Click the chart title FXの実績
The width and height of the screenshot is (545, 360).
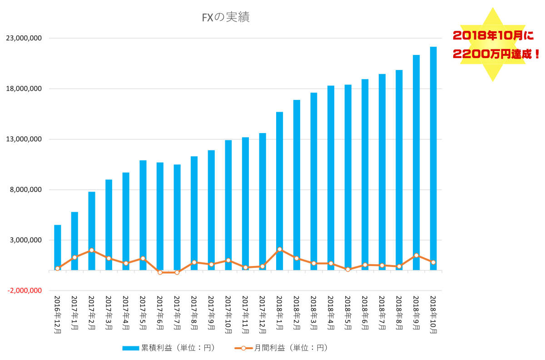225,18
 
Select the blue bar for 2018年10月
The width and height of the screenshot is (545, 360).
433,154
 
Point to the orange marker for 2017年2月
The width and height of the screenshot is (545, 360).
92,250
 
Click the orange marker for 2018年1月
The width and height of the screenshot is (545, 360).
279,249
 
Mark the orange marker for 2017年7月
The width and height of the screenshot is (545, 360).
177,272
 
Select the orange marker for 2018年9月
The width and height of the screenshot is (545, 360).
416,255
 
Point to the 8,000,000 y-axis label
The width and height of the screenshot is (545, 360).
25,190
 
